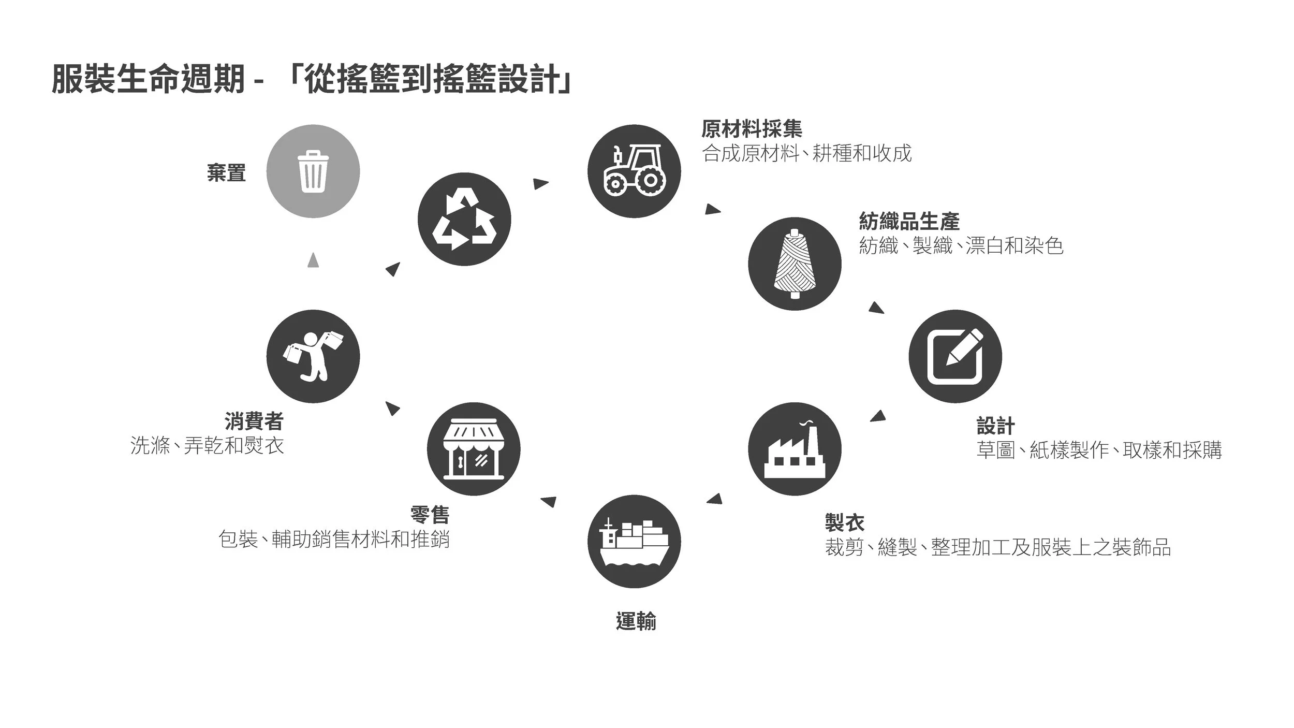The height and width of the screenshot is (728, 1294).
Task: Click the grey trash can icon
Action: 313,171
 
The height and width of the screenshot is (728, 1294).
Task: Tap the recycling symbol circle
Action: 464,219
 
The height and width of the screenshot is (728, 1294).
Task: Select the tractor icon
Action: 634,171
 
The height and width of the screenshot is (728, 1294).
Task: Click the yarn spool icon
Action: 795,264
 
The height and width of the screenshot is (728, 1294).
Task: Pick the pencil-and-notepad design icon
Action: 955,356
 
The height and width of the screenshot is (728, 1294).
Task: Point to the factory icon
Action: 795,449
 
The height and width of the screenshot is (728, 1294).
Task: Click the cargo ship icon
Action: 634,541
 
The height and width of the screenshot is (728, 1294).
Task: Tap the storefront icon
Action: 474,449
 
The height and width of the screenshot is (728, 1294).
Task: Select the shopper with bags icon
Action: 313,356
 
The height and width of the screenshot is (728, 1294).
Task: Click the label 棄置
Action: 226,173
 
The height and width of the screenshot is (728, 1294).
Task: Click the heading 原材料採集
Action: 752,129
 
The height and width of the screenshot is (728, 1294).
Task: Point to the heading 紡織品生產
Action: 909,222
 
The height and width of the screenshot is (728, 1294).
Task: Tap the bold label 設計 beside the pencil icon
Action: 995,426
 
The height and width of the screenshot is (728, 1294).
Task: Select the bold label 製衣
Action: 845,523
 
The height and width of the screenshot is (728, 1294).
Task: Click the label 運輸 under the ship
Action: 636,621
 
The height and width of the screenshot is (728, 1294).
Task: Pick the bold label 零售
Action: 430,515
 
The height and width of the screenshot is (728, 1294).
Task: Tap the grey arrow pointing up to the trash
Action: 313,260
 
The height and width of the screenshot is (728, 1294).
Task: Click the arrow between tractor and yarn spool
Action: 712,210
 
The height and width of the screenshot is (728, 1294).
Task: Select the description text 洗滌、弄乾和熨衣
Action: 207,446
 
